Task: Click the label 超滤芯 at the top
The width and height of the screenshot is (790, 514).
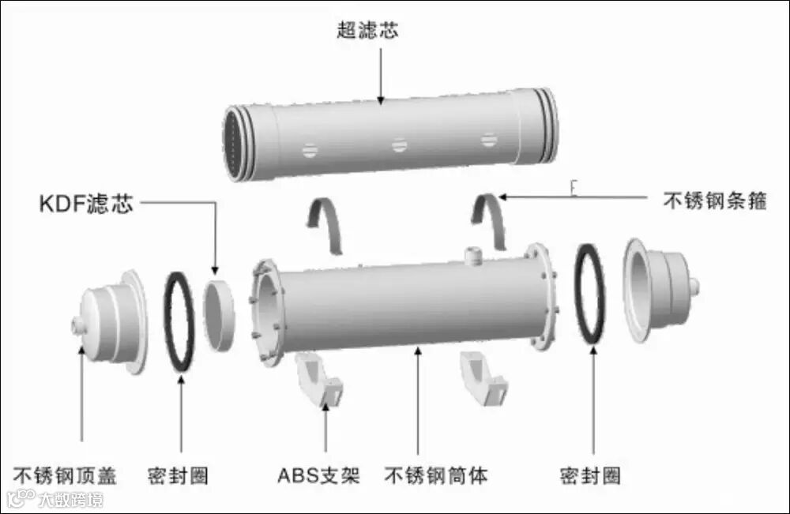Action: [367, 30]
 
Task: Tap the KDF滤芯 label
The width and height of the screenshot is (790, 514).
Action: [86, 204]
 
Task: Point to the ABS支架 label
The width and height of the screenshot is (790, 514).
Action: [318, 476]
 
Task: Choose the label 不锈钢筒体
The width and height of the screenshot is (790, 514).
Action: [436, 476]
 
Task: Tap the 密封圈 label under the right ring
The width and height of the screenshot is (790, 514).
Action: [590, 476]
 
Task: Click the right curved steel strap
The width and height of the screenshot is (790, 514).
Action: [491, 221]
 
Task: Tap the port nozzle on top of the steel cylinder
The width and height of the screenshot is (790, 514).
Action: [473, 255]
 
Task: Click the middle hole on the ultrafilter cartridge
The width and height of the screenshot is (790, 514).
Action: [399, 145]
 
